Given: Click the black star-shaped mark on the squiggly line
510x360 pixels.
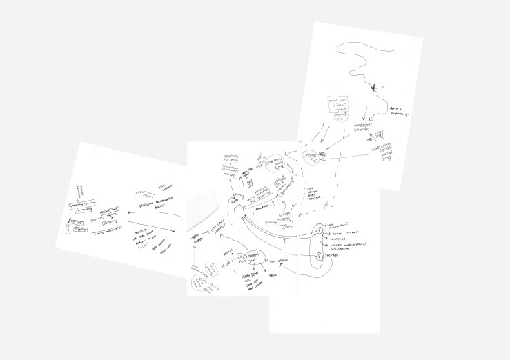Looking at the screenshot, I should [x=374, y=87].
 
